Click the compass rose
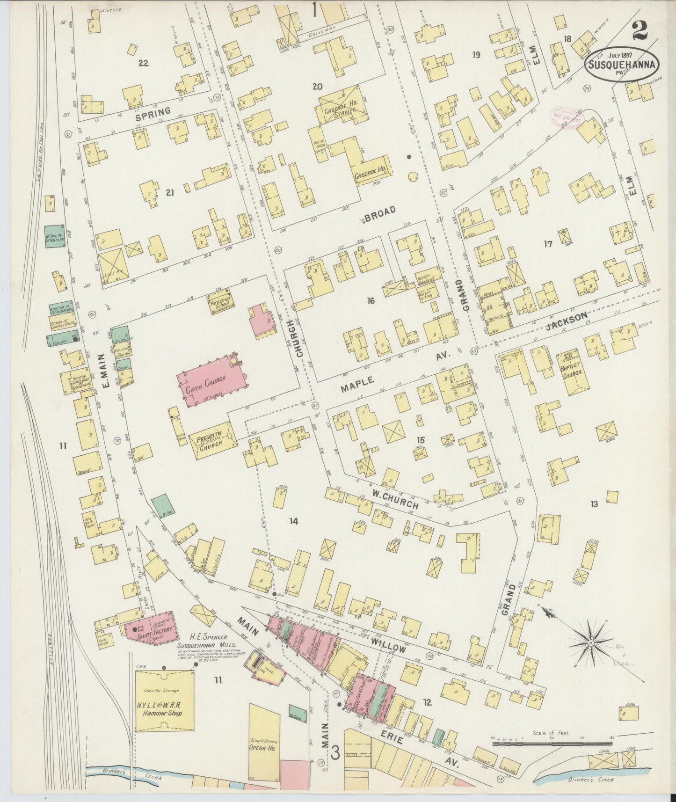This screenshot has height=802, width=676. click(x=591, y=644)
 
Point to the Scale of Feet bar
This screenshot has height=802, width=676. click(x=552, y=743)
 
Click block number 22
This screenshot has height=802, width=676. click(x=143, y=63)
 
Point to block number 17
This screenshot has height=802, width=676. click(x=548, y=244)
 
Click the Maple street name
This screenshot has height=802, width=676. click(x=357, y=384)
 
